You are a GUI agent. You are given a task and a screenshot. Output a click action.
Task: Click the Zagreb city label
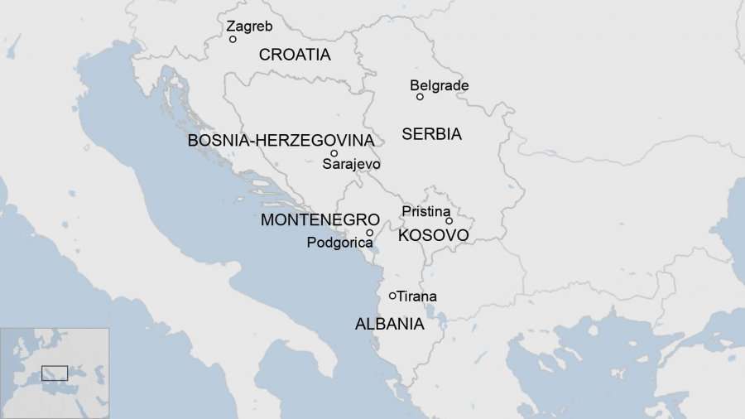(x=249, y=26)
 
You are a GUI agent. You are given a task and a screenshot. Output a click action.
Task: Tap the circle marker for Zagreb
(x=233, y=39)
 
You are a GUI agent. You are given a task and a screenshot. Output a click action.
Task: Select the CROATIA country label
(x=295, y=55)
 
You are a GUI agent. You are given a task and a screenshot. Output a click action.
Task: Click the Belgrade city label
(x=439, y=85)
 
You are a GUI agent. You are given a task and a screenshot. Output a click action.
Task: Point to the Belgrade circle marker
(x=420, y=97)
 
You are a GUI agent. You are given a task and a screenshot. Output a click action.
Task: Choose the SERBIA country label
(x=431, y=134)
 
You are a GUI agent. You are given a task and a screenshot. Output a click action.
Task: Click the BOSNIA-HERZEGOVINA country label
(x=281, y=141)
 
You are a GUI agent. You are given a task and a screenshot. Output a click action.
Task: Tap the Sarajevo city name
(x=351, y=164)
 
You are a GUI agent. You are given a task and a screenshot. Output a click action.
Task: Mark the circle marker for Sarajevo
(x=334, y=153)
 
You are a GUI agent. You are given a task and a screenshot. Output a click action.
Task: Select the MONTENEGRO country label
(x=320, y=220)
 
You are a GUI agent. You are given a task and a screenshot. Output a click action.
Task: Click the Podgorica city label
(x=339, y=243)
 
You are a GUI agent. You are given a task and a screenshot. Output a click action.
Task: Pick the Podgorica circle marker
(x=370, y=233)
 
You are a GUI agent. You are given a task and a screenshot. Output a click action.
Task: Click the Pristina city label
(x=425, y=211)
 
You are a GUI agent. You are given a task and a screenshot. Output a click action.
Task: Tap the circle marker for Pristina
(x=449, y=221)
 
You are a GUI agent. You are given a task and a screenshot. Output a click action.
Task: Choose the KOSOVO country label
(x=433, y=236)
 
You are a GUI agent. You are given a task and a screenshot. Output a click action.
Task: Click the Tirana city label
(x=417, y=296)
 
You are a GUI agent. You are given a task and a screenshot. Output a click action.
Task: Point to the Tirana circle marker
(x=392, y=296)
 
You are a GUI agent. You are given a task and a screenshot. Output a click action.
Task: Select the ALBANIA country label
(x=389, y=324)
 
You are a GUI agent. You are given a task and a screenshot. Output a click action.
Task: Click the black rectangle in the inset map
(x=55, y=373)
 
